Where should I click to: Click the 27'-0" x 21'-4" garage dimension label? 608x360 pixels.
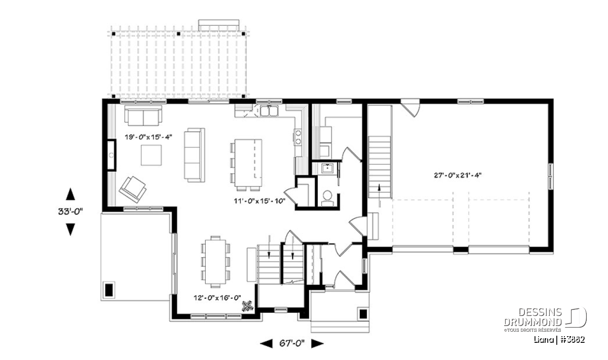coord(458,176)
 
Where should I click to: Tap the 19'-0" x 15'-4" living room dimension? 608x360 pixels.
coord(148,137)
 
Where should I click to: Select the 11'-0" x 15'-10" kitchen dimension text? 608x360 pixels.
coord(260,201)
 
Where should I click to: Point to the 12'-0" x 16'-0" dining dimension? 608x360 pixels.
coord(217,298)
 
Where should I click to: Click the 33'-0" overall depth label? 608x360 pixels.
coord(70,212)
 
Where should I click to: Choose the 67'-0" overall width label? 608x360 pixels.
coord(292,344)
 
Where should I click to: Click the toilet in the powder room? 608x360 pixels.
coord(328,198)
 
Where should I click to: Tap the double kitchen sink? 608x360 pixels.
coord(269,111)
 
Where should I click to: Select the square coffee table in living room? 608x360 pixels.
coord(151,155)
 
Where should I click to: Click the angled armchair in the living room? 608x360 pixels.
coord(133,189)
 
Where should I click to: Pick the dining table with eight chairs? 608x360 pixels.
coord(215,262)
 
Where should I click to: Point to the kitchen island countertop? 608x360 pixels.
coord(248,163)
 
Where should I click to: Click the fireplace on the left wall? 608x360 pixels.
coord(111,155)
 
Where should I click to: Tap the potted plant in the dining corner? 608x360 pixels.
coord(248,306)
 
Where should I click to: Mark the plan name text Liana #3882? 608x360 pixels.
coord(559,340)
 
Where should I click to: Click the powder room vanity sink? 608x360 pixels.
coord(328,169)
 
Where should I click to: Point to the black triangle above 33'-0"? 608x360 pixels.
coord(70,194)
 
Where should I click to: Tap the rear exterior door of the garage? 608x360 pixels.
coord(410,107)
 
